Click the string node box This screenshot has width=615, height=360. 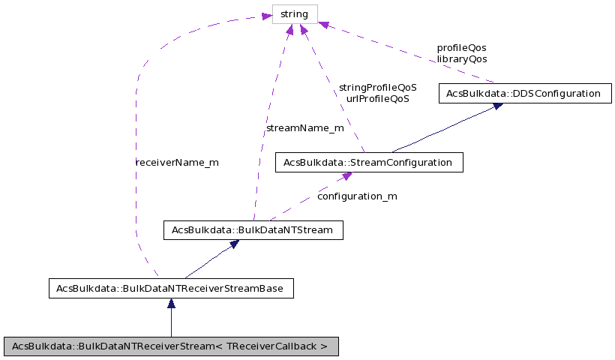[295, 13]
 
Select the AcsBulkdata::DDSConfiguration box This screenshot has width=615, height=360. [523, 94]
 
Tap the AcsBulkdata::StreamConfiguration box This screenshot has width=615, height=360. [369, 162]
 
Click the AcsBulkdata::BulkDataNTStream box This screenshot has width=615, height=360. [253, 229]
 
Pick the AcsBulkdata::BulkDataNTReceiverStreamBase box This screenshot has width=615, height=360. [170, 288]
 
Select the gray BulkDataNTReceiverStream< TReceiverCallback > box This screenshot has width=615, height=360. [170, 346]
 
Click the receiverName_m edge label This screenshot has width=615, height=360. [177, 162]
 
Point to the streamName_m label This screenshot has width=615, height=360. [305, 128]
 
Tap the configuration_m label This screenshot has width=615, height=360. [357, 196]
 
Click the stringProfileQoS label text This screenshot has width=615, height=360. [377, 87]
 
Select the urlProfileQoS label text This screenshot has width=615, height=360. [377, 98]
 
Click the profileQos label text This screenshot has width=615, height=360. [461, 47]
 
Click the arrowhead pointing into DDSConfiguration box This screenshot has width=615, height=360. [496, 107]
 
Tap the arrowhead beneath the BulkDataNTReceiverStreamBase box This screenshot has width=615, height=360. [171, 304]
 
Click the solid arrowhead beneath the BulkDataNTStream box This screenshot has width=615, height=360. [234, 244]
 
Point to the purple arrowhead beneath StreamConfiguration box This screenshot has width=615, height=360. [346, 177]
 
